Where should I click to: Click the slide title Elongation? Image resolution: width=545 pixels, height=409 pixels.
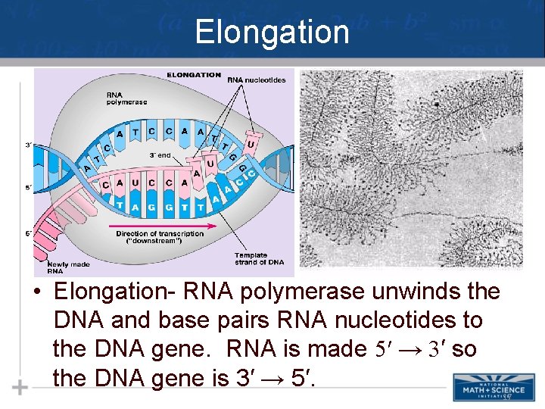[x=272, y=33]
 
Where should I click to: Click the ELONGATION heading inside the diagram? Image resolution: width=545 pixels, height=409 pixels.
[x=194, y=75]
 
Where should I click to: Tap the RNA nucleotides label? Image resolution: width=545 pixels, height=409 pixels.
[x=257, y=80]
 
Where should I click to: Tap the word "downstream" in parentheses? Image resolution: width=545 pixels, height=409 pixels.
[x=159, y=242]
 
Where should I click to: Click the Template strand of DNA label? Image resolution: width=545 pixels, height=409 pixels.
[x=259, y=259]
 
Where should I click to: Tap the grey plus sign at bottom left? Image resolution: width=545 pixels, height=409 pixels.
[x=20, y=388]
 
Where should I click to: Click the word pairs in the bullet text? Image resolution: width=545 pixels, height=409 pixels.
[x=251, y=320]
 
